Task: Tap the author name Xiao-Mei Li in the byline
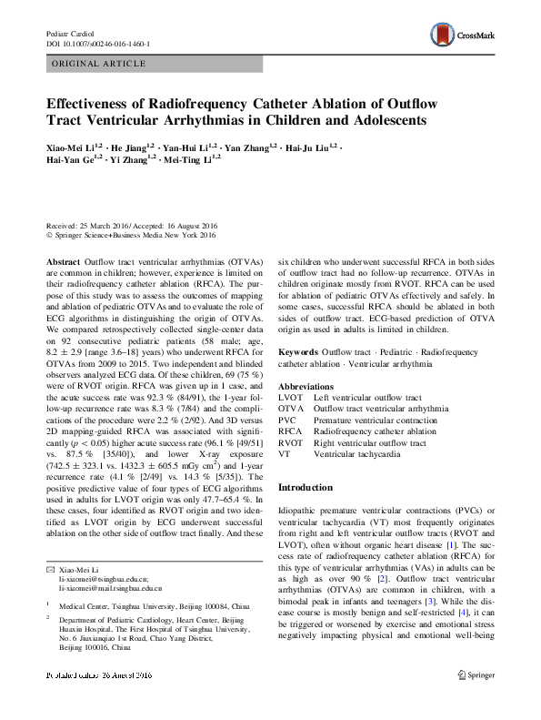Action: click(69, 147)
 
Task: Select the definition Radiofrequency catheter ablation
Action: click(375, 431)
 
